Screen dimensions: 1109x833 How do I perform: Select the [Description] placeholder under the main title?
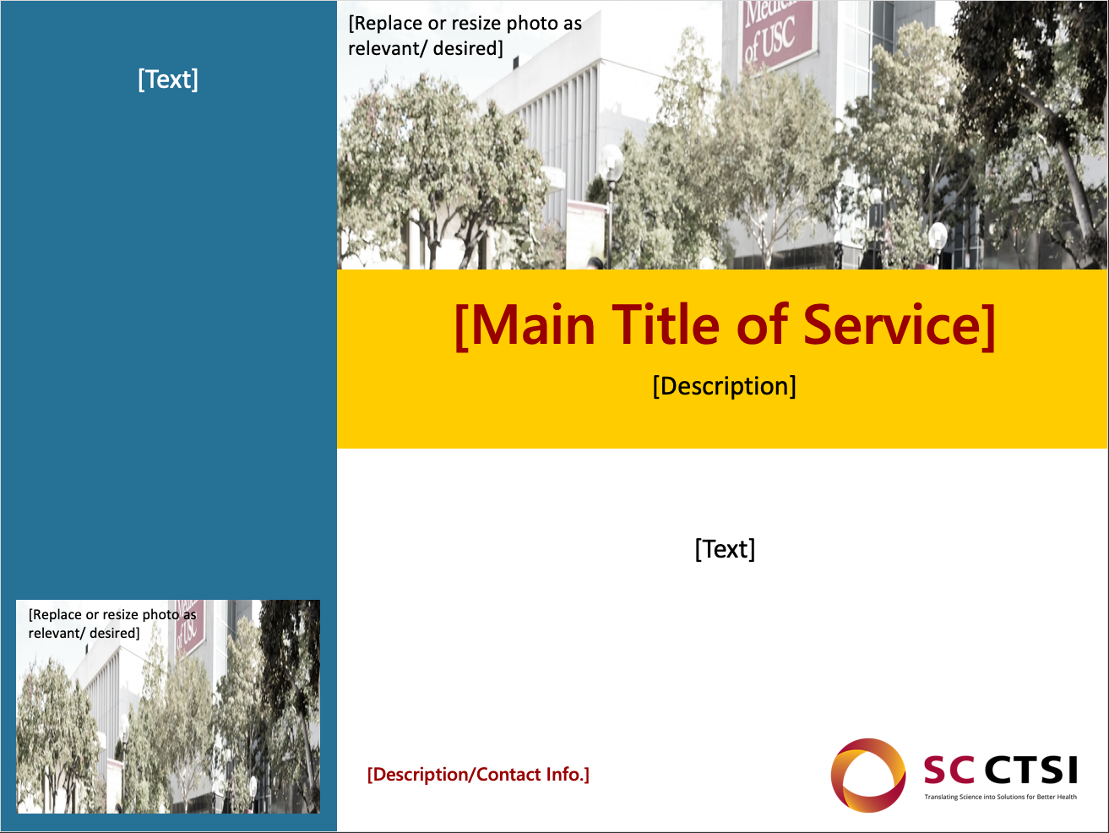tap(724, 386)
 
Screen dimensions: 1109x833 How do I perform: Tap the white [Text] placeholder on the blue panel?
tap(168, 79)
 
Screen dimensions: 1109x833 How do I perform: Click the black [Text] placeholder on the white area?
tap(725, 549)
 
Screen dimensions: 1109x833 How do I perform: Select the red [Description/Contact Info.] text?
tap(478, 775)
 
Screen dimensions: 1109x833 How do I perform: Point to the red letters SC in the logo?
tap(949, 770)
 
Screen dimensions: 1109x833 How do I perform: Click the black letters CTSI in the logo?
tap(1031, 770)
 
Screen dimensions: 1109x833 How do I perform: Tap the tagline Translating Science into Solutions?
tap(1000, 798)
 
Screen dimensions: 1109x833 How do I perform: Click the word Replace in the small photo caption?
tap(55, 615)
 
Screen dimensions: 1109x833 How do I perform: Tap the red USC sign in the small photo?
tap(188, 626)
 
